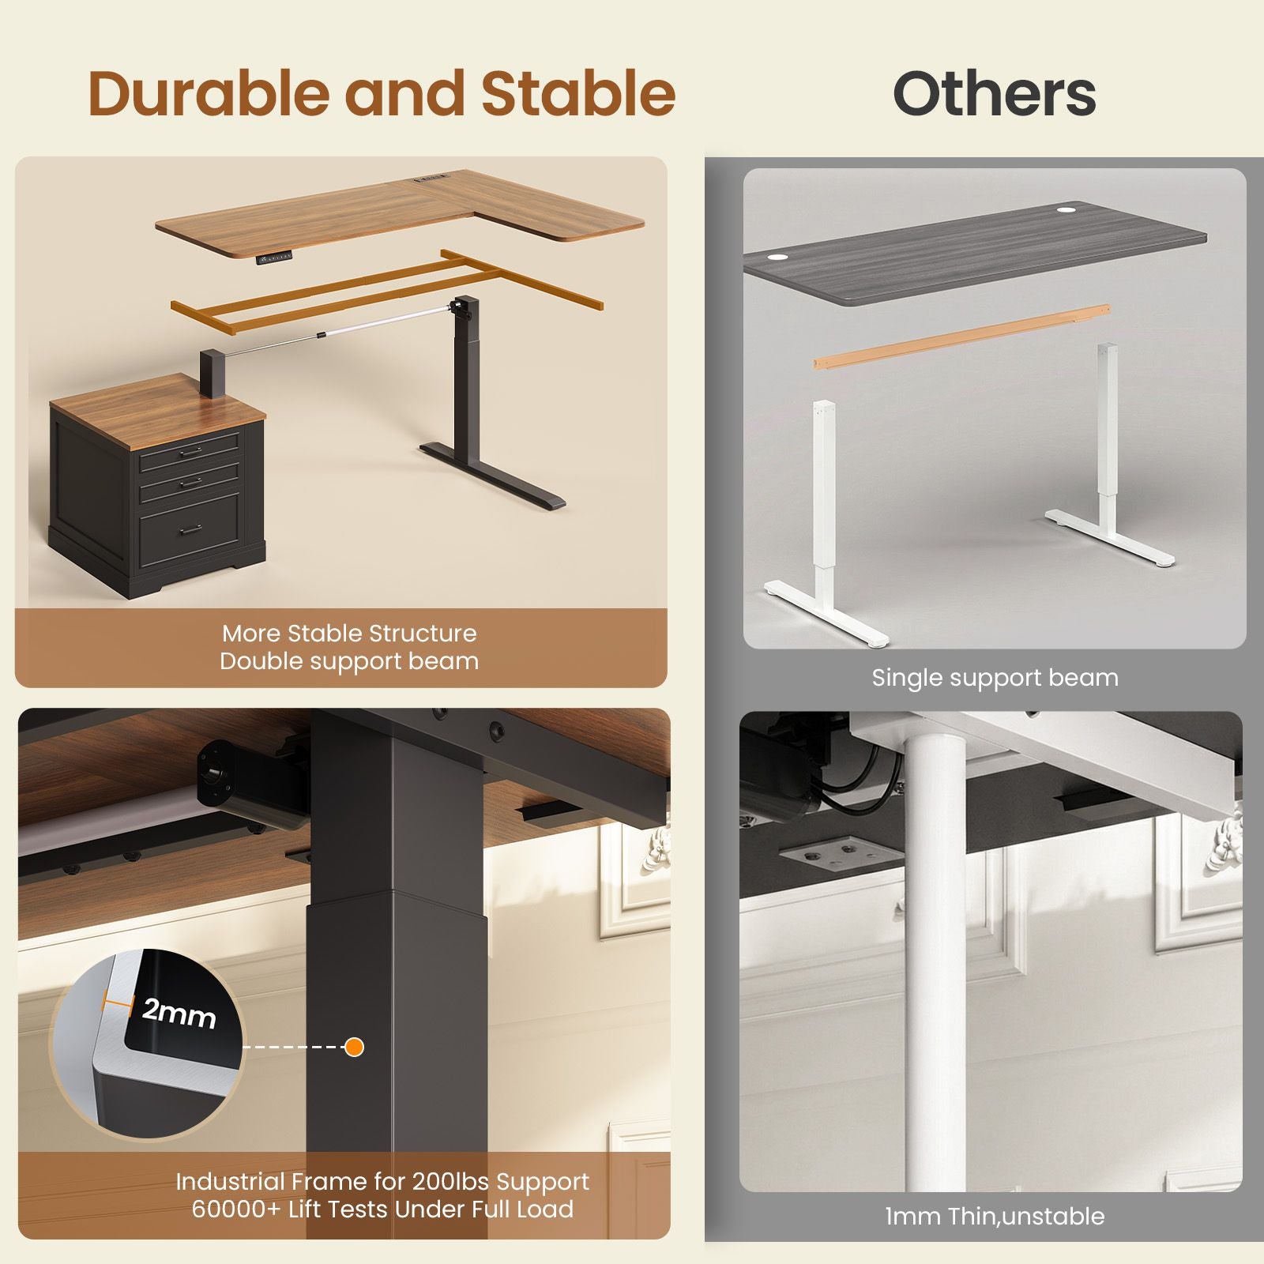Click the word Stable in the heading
(578, 93)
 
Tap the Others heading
(994, 94)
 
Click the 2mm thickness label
(179, 1013)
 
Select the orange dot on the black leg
(355, 1047)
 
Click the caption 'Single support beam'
(995, 678)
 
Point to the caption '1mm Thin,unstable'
(995, 1216)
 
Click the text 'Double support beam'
(349, 661)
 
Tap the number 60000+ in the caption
(234, 1209)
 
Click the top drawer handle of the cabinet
(191, 452)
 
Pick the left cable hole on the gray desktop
(776, 257)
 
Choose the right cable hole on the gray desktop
(1064, 210)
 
